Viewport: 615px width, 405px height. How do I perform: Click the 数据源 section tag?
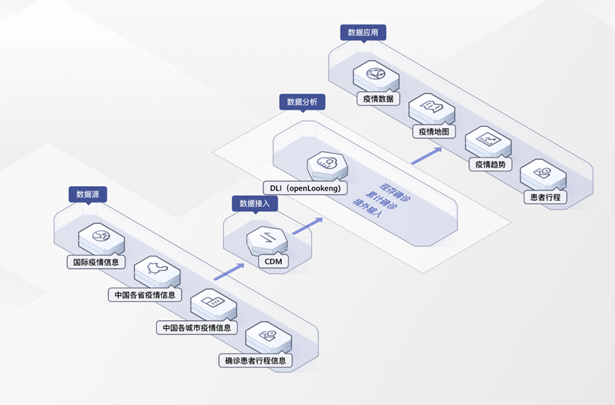pyautogui.click(x=88, y=194)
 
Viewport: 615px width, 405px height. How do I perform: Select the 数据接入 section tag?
pyautogui.click(x=254, y=203)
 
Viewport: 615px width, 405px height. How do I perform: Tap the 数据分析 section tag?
pyautogui.click(x=302, y=102)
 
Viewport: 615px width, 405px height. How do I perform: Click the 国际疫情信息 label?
pyautogui.click(x=96, y=262)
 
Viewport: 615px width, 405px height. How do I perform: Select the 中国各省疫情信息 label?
pyautogui.click(x=144, y=294)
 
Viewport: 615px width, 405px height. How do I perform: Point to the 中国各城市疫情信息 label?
pyautogui.click(x=196, y=328)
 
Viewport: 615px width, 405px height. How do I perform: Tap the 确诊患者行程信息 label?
pyautogui.click(x=255, y=361)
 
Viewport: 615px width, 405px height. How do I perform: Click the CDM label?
pyautogui.click(x=273, y=262)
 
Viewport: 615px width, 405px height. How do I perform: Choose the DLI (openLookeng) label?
pyautogui.click(x=305, y=188)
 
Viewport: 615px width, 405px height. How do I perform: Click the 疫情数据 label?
pyautogui.click(x=377, y=98)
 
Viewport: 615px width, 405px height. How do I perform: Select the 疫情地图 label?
pyautogui.click(x=433, y=131)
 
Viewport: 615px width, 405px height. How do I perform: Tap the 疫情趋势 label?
pyautogui.click(x=490, y=164)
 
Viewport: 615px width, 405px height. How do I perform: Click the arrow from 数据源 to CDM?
pyautogui.click(x=228, y=272)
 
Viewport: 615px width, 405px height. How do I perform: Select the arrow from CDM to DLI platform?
pyautogui.click(x=307, y=226)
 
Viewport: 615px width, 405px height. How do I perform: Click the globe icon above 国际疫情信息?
pyautogui.click(x=96, y=236)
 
